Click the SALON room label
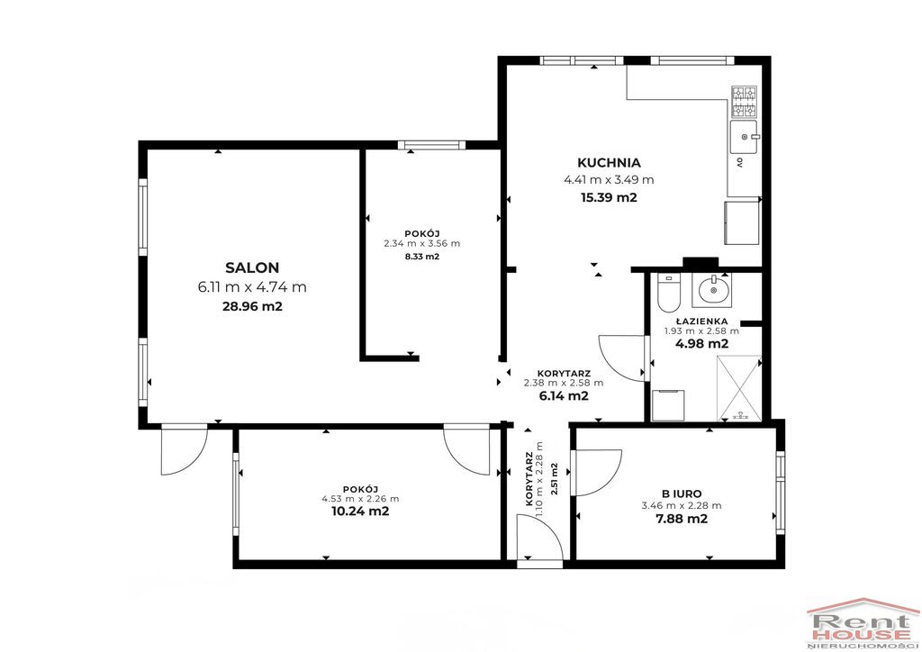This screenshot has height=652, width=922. click(252, 268)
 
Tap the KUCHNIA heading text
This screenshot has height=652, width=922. click(609, 163)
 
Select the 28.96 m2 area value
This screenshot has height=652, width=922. click(252, 306)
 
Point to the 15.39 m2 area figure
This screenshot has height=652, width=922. click(609, 197)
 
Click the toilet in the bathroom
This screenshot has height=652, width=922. click(668, 292)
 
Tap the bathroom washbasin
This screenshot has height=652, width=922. click(712, 290)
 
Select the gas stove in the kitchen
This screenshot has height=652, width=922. click(744, 101)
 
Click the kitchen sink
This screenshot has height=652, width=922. click(744, 138)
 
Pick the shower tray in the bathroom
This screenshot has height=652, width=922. click(739, 389)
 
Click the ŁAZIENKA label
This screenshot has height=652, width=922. click(701, 321)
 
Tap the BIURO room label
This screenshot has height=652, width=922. click(682, 494)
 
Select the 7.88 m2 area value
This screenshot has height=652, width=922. click(682, 519)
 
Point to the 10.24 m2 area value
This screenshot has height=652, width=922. click(360, 511)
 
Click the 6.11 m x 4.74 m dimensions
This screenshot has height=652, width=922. click(252, 287)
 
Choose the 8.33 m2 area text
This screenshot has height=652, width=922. click(422, 257)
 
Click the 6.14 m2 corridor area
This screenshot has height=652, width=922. click(564, 395)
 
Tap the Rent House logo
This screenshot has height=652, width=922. click(862, 624)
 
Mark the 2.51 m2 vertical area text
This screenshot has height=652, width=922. click(554, 479)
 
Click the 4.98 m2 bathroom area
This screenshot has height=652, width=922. click(701, 344)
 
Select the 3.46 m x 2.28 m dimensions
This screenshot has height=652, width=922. click(682, 505)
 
